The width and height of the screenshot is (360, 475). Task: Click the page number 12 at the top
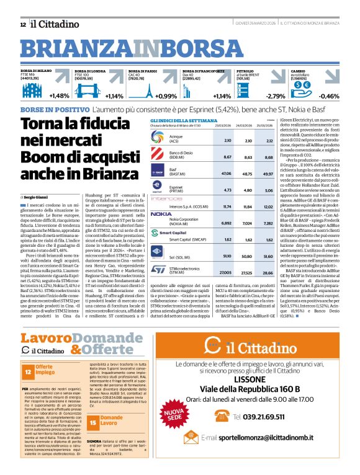[23, 24]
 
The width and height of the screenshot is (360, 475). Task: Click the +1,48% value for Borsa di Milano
[59, 96]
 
